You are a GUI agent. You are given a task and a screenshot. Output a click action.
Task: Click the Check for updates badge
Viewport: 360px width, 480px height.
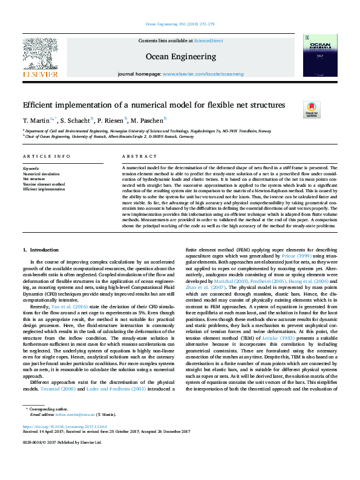[x=312, y=109]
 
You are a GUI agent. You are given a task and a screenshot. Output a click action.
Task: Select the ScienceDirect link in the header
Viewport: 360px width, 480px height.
[x=208, y=41]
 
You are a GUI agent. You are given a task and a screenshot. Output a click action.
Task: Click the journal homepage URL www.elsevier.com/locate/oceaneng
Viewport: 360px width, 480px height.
[x=202, y=73]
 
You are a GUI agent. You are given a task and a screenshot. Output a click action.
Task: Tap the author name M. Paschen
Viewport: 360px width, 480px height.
[x=148, y=120]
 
